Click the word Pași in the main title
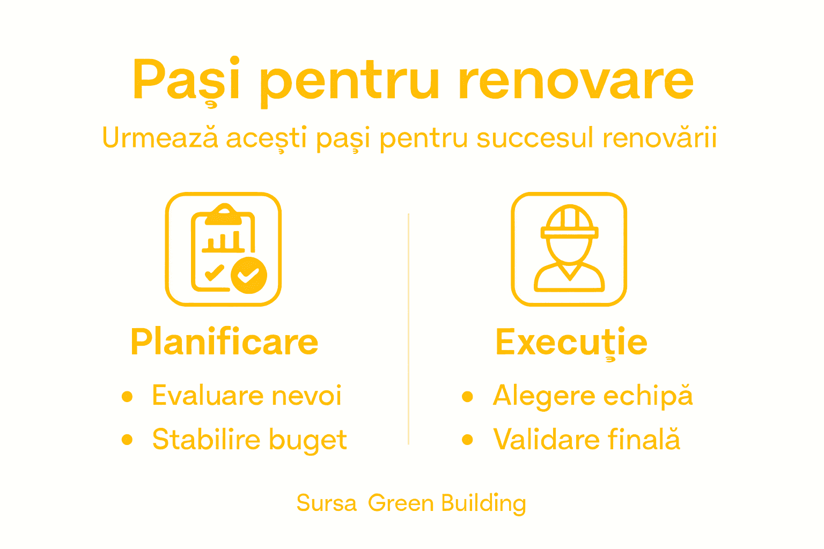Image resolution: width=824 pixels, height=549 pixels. click(186, 80)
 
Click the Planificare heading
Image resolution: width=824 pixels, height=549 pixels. click(224, 342)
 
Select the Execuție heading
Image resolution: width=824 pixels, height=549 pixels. click(571, 342)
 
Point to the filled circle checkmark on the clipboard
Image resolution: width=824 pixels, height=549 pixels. click(249, 275)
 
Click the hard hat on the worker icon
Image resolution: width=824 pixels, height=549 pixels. click(569, 222)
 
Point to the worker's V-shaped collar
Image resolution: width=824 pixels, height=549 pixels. click(569, 272)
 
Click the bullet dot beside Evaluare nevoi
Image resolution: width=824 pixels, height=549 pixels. click(127, 396)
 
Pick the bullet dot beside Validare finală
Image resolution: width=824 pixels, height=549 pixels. click(468, 440)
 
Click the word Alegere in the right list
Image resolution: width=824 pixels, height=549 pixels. click(544, 397)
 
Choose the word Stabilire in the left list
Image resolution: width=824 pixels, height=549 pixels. click(206, 440)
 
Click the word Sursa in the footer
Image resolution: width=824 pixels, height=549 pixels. click(326, 503)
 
